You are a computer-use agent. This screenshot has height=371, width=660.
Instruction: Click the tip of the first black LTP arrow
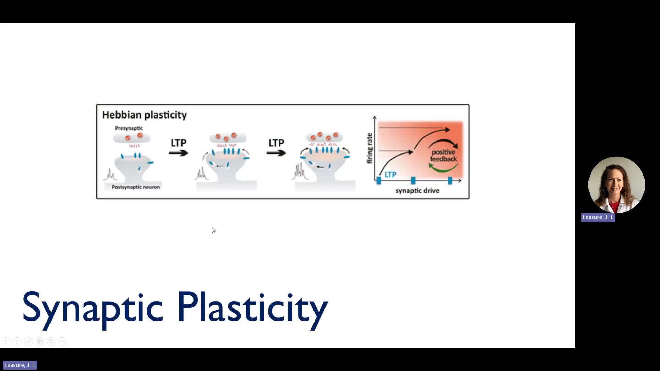(x=189, y=152)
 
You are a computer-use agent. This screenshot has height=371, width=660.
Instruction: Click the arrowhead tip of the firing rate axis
(x=375, y=116)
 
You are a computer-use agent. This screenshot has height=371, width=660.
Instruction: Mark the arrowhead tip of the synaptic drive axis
(x=462, y=180)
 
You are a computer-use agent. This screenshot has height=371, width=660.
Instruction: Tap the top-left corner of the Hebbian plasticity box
(x=96, y=104)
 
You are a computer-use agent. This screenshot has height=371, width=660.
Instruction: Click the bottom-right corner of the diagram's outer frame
(x=469, y=199)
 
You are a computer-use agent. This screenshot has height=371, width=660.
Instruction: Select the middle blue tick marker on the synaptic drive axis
(x=413, y=180)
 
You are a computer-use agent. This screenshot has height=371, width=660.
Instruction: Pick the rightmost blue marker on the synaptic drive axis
(x=450, y=180)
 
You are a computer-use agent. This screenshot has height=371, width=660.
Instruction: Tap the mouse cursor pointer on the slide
(x=213, y=230)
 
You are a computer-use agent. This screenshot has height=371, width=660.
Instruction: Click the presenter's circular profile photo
(x=616, y=185)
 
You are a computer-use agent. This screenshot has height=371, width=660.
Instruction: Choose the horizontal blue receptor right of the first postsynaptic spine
(x=151, y=162)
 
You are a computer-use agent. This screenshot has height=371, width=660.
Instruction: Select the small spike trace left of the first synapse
(x=110, y=175)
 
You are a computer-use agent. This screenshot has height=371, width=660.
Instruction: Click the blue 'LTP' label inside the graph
(x=390, y=175)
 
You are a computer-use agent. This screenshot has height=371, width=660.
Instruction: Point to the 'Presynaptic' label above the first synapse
(x=129, y=128)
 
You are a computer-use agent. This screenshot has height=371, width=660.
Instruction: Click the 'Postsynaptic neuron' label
(x=136, y=187)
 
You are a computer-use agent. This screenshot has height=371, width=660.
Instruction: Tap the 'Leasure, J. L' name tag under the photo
(x=598, y=217)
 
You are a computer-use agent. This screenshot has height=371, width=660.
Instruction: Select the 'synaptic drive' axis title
(x=417, y=191)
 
